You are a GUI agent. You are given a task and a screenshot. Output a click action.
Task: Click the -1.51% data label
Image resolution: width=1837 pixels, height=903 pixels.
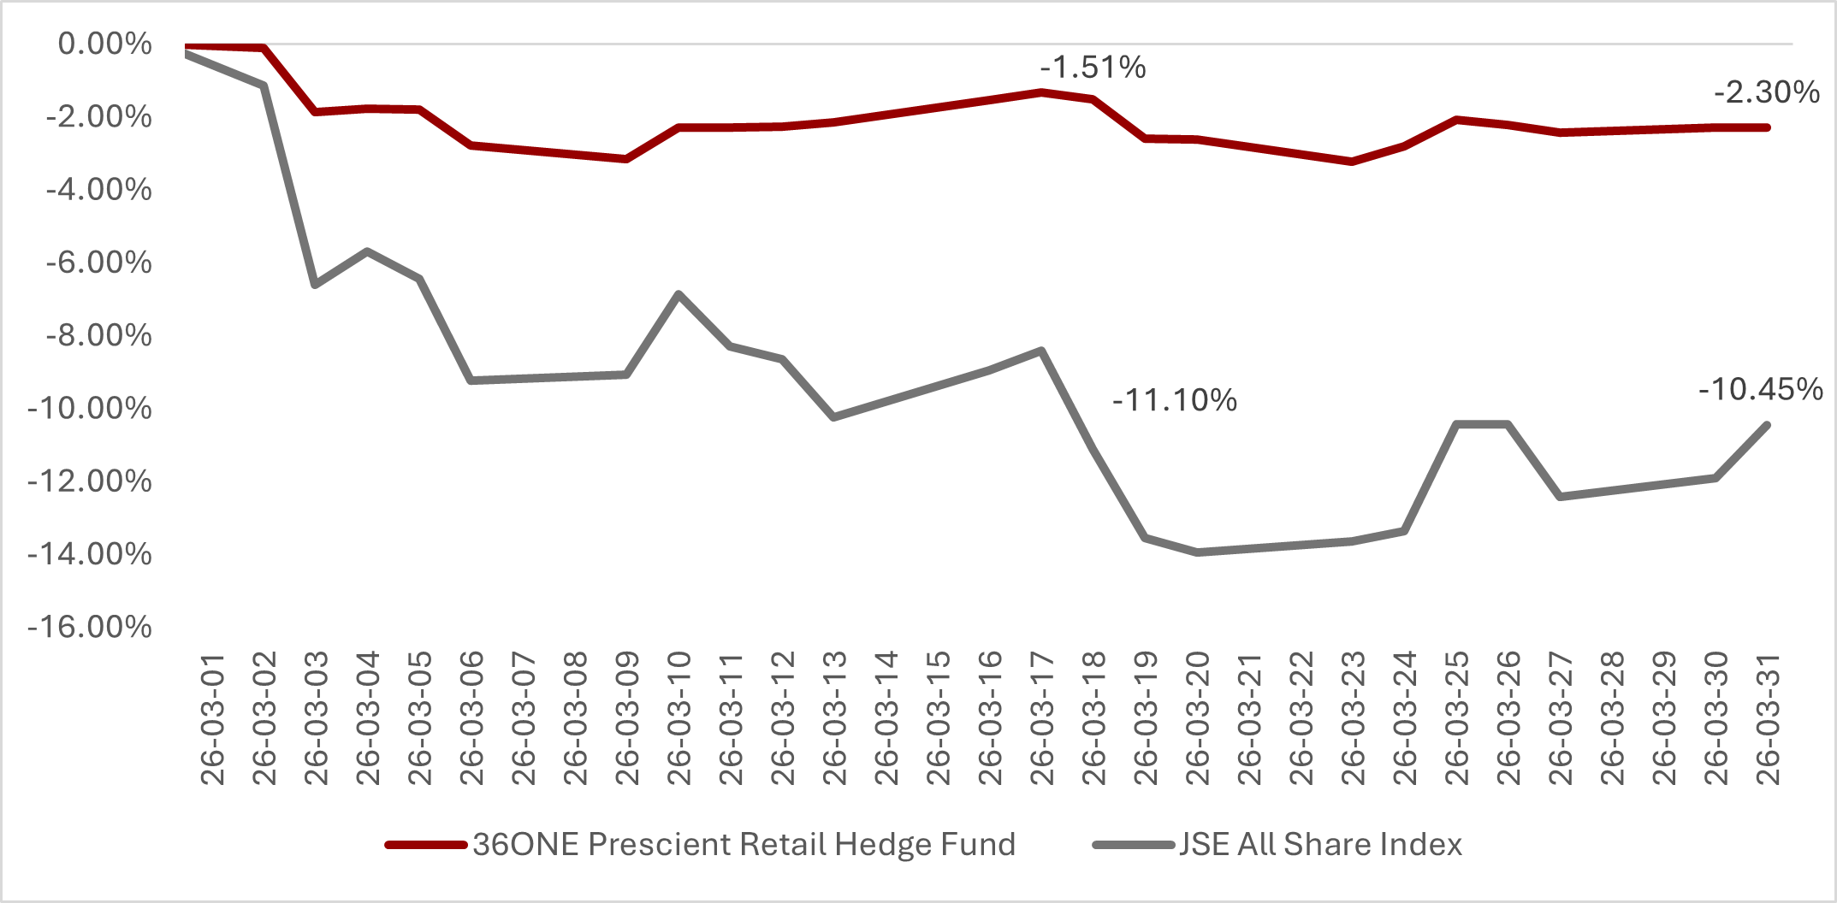pyautogui.click(x=1093, y=67)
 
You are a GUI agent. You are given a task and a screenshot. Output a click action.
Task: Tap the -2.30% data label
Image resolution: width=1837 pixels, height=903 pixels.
pyautogui.click(x=1766, y=91)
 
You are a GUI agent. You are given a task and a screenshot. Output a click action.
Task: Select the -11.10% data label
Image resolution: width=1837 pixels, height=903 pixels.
pyautogui.click(x=1174, y=399)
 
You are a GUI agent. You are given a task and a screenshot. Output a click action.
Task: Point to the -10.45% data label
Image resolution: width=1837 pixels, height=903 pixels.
pyautogui.click(x=1760, y=389)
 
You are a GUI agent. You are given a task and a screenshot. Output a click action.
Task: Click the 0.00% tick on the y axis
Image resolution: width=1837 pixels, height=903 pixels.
pyautogui.click(x=104, y=43)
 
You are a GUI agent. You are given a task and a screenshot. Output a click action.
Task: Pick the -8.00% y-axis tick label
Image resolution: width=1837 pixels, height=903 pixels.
pyautogui.click(x=98, y=334)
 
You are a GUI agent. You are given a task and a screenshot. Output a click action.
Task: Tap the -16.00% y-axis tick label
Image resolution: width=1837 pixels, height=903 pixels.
pyautogui.click(x=90, y=627)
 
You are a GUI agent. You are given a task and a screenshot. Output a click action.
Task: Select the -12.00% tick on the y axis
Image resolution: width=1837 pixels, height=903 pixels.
pyautogui.click(x=90, y=481)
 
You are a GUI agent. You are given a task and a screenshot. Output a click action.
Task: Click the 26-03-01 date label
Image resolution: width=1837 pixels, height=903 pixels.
pyautogui.click(x=212, y=719)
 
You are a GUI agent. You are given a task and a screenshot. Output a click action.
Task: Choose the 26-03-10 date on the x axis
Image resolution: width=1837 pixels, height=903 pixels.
pyautogui.click(x=679, y=719)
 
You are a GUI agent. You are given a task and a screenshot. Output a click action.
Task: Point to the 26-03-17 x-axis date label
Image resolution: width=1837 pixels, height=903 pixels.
pyautogui.click(x=1042, y=719)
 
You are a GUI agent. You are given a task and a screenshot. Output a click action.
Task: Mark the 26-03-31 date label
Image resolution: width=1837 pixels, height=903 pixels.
pyautogui.click(x=1768, y=719)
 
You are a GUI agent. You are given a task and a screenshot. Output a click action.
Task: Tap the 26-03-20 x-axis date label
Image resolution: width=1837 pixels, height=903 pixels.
pyautogui.click(x=1198, y=719)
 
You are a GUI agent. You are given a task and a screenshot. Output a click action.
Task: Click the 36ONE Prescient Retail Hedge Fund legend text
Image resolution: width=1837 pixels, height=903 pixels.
pyautogui.click(x=744, y=844)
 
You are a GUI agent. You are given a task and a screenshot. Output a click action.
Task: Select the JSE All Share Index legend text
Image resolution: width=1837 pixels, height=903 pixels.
pyautogui.click(x=1320, y=844)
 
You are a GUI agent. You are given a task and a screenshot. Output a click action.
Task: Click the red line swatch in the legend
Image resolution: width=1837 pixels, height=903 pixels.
pyautogui.click(x=425, y=845)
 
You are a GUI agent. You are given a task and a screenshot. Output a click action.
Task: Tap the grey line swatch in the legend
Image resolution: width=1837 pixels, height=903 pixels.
pyautogui.click(x=1133, y=845)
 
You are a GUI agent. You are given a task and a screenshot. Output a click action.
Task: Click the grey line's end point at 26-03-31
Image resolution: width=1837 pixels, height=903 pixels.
pyautogui.click(x=1767, y=425)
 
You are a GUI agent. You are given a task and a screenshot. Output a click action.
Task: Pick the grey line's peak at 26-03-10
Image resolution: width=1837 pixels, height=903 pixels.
pyautogui.click(x=679, y=294)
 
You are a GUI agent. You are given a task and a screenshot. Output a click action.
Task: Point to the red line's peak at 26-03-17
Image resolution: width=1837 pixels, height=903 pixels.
pyautogui.click(x=1041, y=91)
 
